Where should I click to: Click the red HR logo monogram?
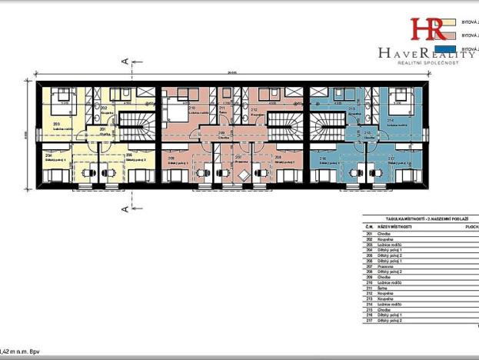(427, 29)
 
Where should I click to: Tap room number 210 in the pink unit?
(191, 108)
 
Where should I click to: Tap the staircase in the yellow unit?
(141, 123)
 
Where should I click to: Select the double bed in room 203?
(62, 98)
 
